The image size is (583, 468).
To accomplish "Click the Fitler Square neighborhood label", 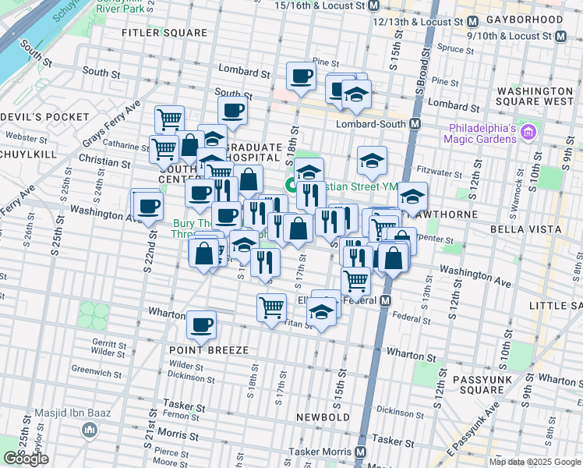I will click(165, 34).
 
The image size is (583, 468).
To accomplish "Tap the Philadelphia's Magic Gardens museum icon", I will click(529, 132).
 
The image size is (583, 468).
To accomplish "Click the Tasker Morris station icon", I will click(361, 452).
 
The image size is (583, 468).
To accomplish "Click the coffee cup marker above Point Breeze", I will click(202, 324).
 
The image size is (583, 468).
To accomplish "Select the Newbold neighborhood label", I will click(323, 417).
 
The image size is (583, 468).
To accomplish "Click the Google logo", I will click(26, 459).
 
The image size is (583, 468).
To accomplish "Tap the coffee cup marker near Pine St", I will click(301, 76).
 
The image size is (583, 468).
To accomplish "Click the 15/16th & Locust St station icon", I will click(373, 5).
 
